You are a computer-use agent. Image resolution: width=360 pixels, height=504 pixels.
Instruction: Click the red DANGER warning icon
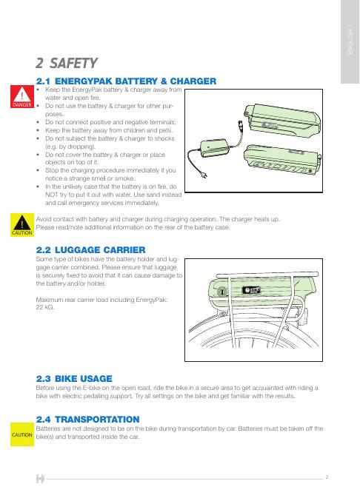pyautogui.click(x=22, y=96)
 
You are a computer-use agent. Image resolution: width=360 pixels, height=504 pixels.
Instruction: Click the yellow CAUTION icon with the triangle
pyautogui.click(x=22, y=225)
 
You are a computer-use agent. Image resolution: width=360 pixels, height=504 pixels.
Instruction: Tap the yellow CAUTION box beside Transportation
pyautogui.click(x=22, y=434)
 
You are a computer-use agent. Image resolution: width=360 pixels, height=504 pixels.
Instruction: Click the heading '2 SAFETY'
pyautogui.click(x=67, y=63)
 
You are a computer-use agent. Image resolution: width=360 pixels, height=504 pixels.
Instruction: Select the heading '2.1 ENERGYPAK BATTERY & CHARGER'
pyautogui.click(x=126, y=81)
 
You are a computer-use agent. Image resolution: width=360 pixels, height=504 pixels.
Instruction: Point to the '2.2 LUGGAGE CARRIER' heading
pyautogui.click(x=90, y=249)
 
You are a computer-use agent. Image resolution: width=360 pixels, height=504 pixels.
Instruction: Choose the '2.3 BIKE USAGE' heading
pyautogui.click(x=74, y=379)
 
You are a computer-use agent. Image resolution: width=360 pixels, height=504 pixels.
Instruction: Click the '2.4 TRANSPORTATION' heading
pyautogui.click(x=87, y=420)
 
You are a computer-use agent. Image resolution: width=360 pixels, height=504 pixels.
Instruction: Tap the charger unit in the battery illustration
pyautogui.click(x=213, y=147)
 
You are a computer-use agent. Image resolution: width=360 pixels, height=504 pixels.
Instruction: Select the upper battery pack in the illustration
pyautogui.click(x=281, y=120)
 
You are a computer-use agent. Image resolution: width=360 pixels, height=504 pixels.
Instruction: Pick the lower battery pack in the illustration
pyautogui.click(x=281, y=160)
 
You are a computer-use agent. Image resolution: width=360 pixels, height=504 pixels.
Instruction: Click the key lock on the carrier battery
pyautogui.click(x=221, y=292)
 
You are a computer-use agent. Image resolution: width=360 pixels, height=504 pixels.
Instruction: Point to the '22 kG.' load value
pyautogui.click(x=45, y=307)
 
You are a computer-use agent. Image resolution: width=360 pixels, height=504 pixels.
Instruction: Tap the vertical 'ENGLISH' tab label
pyautogui.click(x=350, y=41)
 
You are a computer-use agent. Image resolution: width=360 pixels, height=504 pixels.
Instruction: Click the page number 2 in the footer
pyautogui.click(x=327, y=477)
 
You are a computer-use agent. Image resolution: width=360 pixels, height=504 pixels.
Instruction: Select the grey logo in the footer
pyautogui.click(x=40, y=479)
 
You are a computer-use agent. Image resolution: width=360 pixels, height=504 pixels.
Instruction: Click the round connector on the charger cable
pyautogui.click(x=240, y=124)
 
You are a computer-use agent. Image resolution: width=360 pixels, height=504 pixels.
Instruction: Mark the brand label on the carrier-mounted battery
pyautogui.click(x=251, y=290)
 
